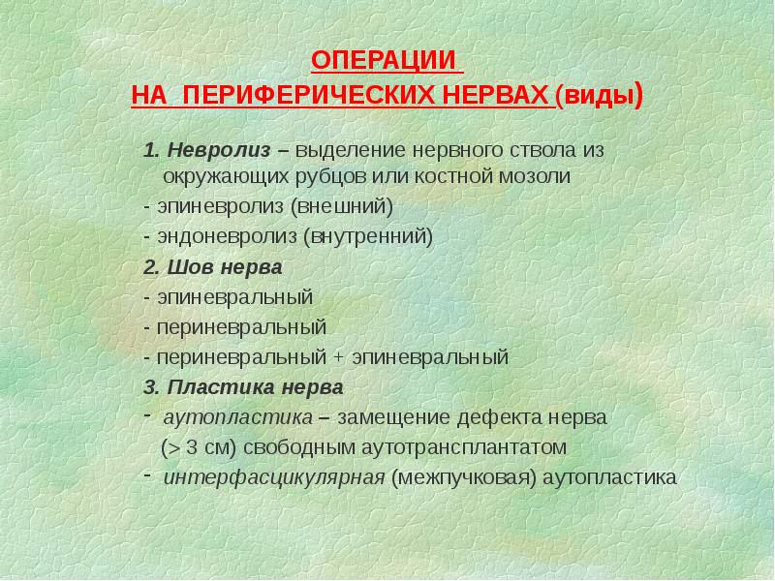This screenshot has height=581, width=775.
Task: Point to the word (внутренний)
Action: [368, 236]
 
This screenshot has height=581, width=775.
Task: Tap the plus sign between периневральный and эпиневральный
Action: [338, 357]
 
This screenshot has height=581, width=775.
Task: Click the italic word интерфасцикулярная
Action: [275, 477]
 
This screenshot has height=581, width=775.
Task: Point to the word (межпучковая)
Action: [464, 477]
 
